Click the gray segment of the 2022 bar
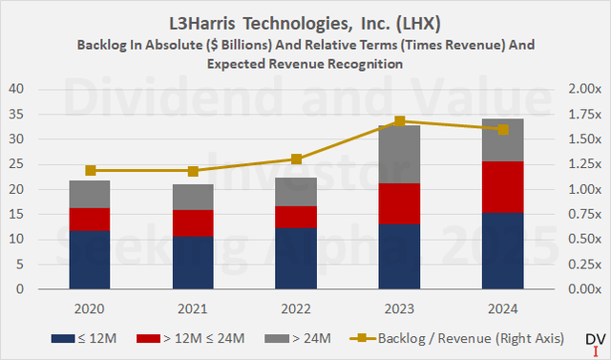(x=295, y=192)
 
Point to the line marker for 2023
(x=399, y=121)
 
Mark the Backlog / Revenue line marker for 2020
(x=90, y=170)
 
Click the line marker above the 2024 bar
(x=502, y=129)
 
